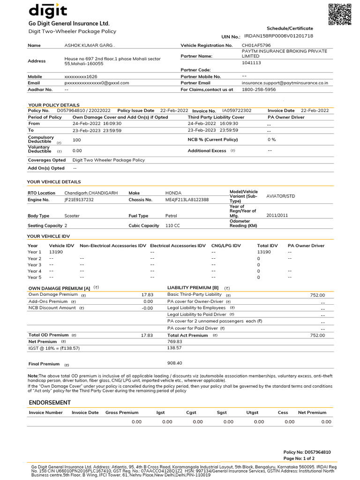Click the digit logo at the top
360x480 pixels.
coord(48,10)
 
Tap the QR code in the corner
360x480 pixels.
coord(339,14)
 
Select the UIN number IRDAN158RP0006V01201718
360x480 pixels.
coord(278,36)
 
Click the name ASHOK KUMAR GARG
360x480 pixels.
coord(89,45)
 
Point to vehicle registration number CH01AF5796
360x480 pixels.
coord(256,45)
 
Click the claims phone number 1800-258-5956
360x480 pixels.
coord(259,89)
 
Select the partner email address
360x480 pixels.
coord(285,82)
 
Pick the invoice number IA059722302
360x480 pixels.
coord(237,111)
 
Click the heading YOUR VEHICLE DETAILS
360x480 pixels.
coord(54,182)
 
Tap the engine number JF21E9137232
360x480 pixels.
coord(79,200)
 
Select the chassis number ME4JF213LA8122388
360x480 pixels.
coord(187,200)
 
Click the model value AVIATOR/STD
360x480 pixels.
coord(281,196)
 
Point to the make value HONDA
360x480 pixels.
coord(173,193)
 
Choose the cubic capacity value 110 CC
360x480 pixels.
coord(172,225)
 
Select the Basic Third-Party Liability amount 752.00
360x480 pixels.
coord(317,295)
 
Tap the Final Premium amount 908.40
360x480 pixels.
coord(175,363)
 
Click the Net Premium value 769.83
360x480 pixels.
coord(175,342)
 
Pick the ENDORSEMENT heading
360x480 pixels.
coord(50,403)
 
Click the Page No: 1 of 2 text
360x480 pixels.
coord(299,458)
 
